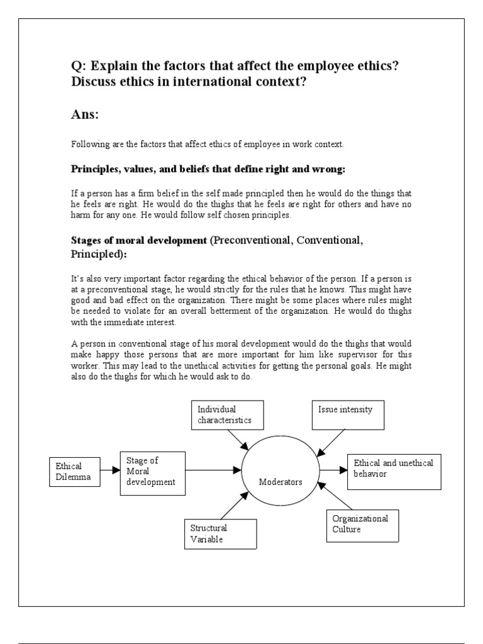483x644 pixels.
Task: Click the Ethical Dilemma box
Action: [73, 472]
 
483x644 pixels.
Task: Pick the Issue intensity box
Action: [348, 414]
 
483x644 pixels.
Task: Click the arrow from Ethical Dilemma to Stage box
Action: [109, 470]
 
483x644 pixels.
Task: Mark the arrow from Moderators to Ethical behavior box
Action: [333, 470]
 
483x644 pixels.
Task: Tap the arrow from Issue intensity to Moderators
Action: [331, 443]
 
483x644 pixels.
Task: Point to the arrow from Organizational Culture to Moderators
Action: [333, 497]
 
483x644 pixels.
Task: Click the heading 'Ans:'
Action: [85, 115]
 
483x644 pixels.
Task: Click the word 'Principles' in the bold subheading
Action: [94, 170]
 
